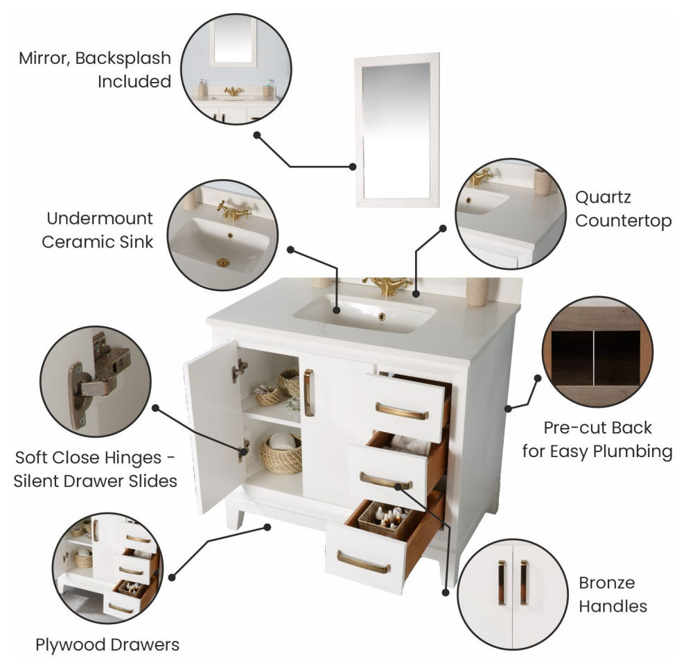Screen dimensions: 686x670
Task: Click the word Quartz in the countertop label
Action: (603, 198)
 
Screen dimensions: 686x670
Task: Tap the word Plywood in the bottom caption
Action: (70, 646)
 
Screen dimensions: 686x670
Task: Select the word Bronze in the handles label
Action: (606, 583)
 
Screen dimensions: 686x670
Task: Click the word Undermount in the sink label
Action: (100, 218)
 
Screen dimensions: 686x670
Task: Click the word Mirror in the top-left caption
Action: (44, 59)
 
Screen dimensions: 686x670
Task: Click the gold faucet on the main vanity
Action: (387, 286)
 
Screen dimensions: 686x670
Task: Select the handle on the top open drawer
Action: (402, 411)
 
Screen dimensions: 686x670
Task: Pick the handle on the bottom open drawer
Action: (362, 562)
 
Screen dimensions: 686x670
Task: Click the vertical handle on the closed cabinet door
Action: (308, 393)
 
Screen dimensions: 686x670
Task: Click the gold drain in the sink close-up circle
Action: (222, 263)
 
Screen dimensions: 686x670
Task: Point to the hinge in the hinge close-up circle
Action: (98, 379)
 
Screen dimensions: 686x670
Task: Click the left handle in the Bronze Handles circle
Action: (502, 583)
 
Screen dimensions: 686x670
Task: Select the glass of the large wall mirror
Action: (396, 130)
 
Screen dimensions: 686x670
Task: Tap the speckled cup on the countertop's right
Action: (477, 291)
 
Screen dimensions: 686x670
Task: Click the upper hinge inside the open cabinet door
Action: (239, 370)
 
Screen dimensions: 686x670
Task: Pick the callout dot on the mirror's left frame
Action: (353, 167)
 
